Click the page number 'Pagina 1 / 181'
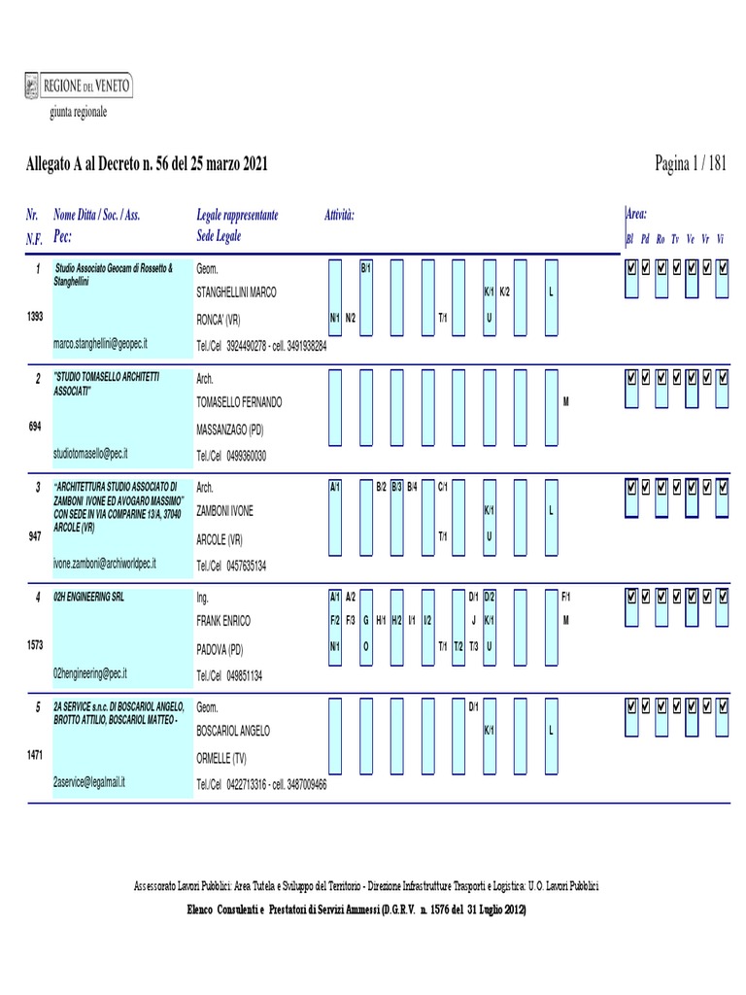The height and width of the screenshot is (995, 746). click(691, 164)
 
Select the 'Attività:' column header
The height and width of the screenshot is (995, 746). click(339, 214)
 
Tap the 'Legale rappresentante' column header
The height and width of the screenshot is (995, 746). click(237, 214)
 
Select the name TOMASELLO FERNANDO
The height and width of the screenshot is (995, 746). click(241, 401)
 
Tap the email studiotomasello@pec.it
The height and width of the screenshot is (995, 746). click(91, 453)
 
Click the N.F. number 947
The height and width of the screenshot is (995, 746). click(34, 535)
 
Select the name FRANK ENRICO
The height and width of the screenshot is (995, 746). click(223, 620)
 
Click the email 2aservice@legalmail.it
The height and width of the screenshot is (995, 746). click(89, 781)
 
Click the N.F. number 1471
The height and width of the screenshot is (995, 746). click(34, 754)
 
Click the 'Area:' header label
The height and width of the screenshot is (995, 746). click(636, 214)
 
